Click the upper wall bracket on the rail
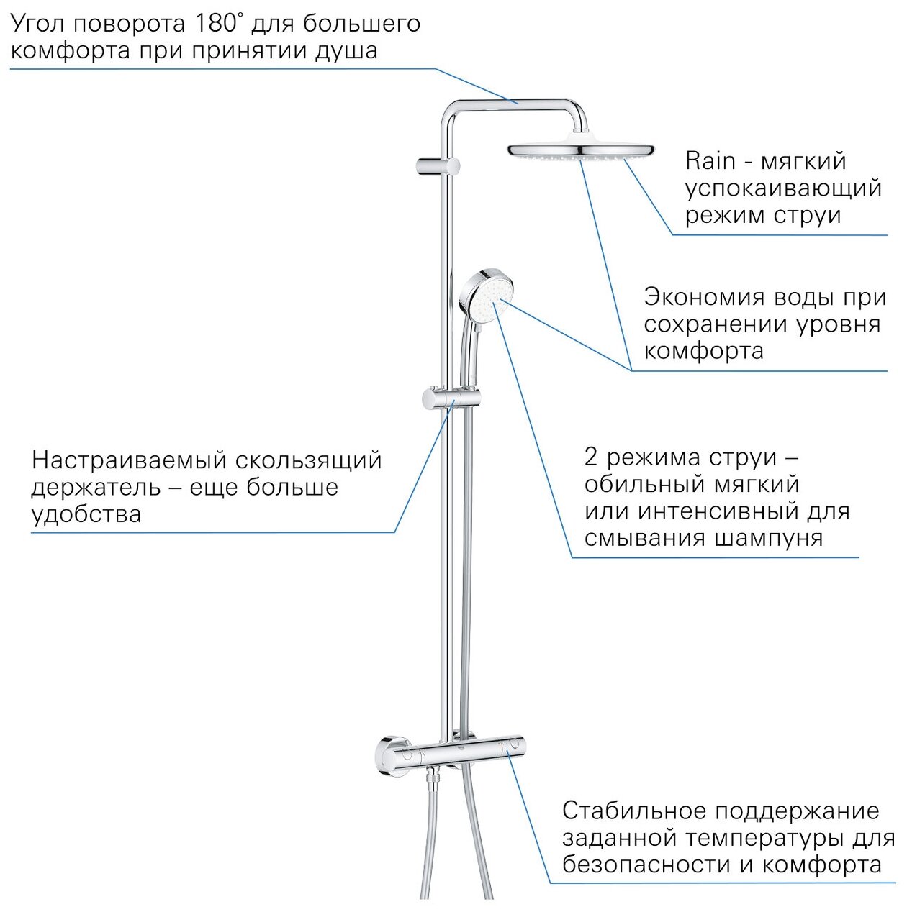point(437,165)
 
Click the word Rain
point(710,160)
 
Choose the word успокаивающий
point(782,188)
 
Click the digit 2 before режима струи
point(592,457)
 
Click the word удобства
point(86,514)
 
